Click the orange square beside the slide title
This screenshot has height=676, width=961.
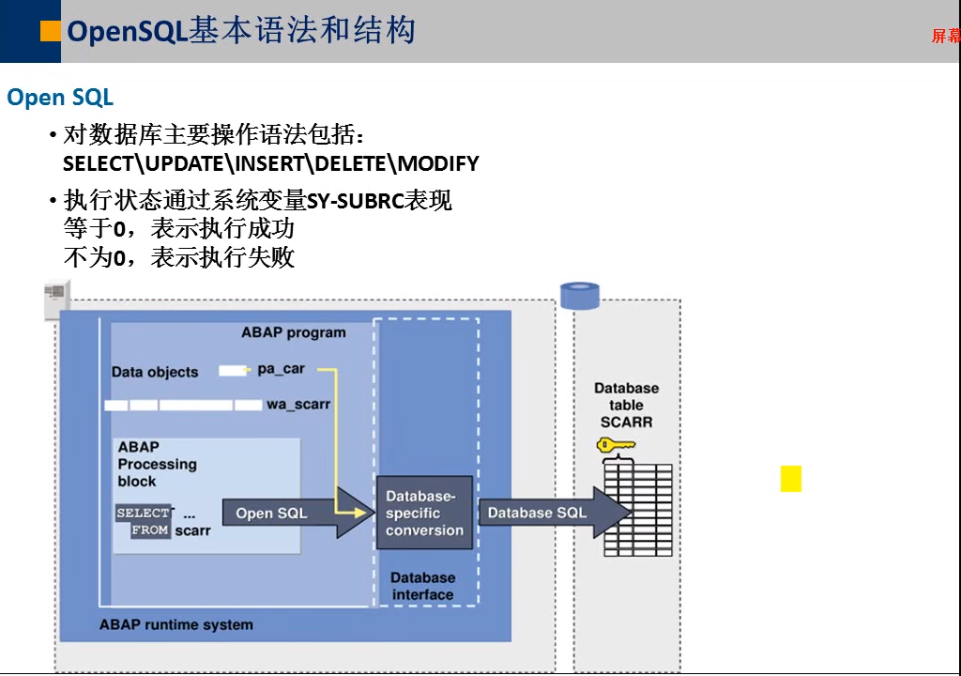tap(51, 31)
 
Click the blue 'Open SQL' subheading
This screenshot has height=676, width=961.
tap(60, 98)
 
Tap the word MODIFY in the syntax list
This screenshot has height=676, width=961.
tap(439, 163)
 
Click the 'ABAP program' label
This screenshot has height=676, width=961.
tap(294, 332)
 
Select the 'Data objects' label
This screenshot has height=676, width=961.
tap(155, 372)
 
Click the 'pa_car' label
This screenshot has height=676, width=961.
tap(282, 369)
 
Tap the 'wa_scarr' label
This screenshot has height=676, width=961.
tap(298, 405)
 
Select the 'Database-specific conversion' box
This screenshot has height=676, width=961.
tap(424, 513)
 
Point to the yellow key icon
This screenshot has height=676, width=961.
tap(616, 445)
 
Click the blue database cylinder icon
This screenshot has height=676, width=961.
tap(580, 296)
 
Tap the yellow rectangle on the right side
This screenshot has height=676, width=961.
tap(790, 479)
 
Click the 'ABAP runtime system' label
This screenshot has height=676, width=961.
tap(175, 624)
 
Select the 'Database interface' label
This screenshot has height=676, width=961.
tap(423, 586)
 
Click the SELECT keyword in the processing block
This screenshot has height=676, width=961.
tap(144, 513)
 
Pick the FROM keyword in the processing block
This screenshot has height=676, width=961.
tap(150, 530)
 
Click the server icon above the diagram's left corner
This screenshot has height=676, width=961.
tap(57, 300)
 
